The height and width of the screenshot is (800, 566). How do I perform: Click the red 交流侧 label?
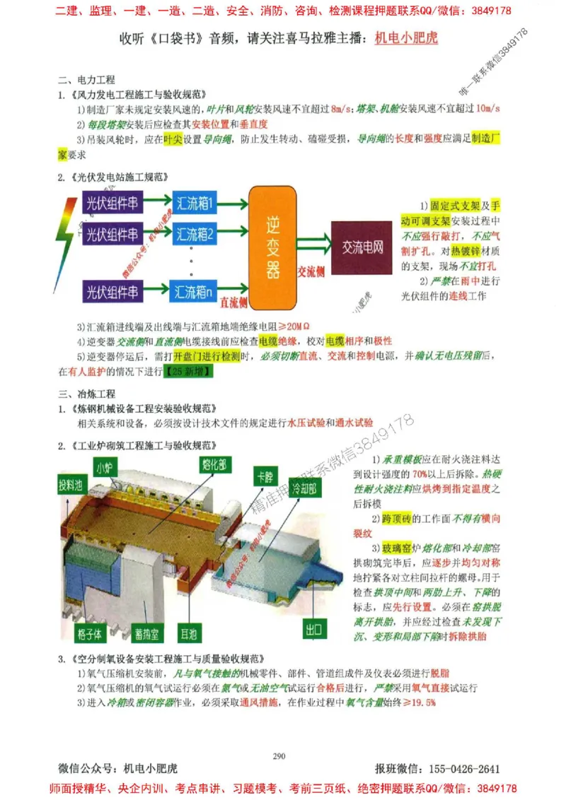[x=311, y=271]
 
